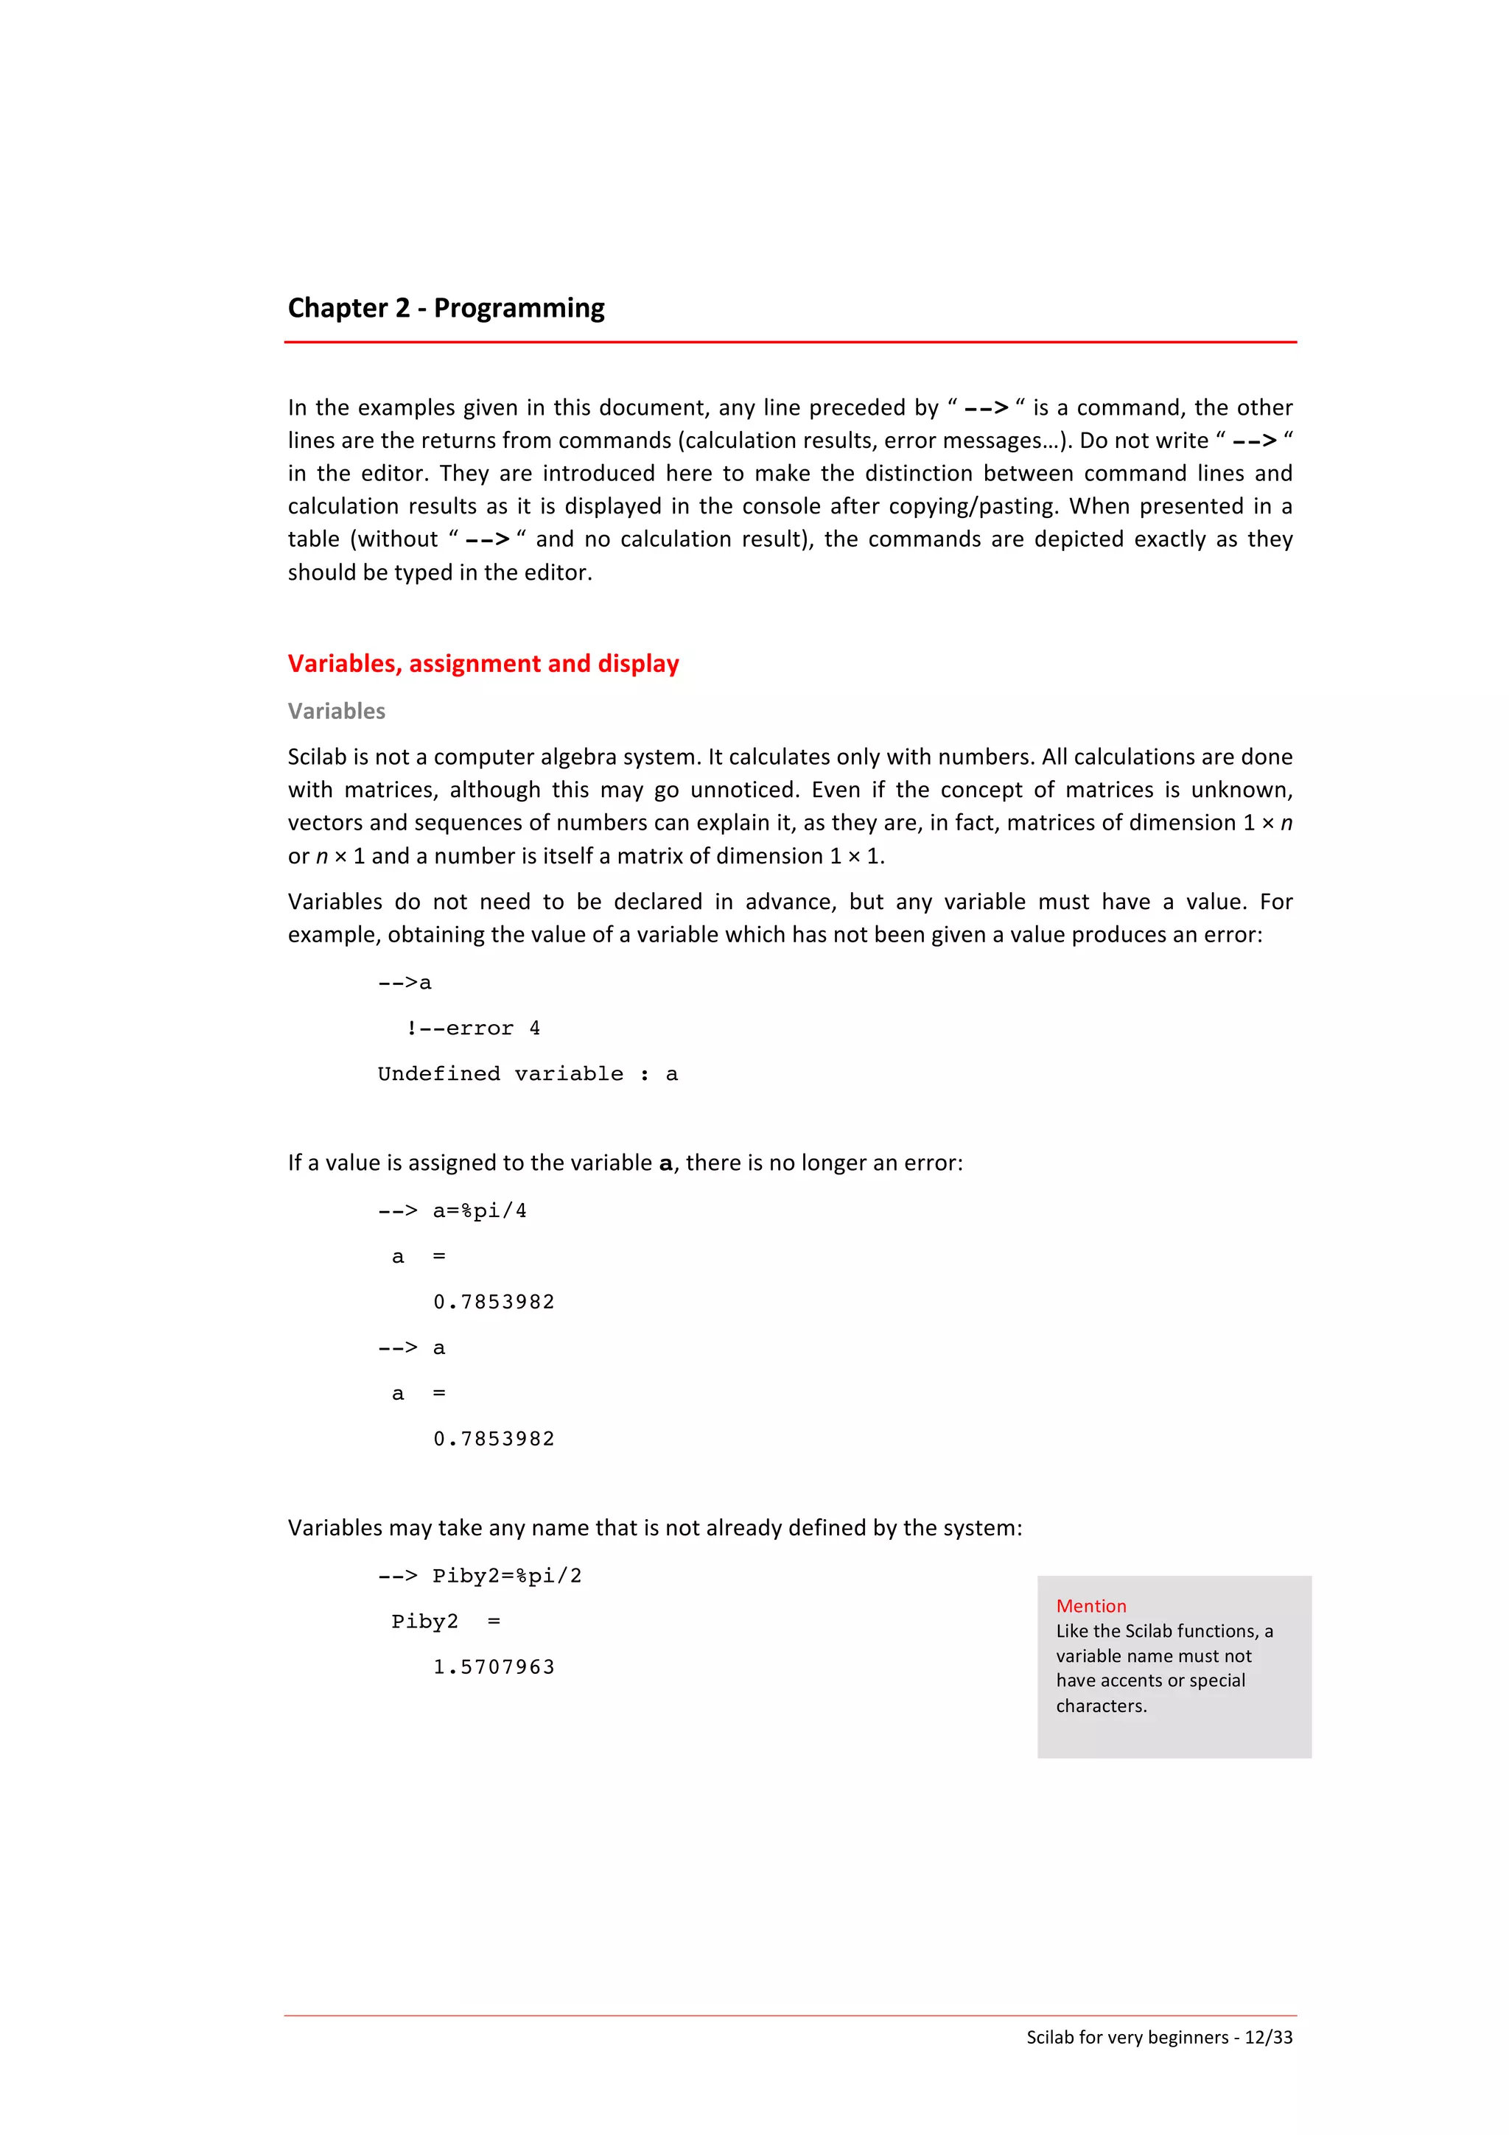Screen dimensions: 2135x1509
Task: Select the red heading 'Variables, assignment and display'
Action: pyautogui.click(x=483, y=664)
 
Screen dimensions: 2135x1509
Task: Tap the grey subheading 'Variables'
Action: pyautogui.click(x=336, y=712)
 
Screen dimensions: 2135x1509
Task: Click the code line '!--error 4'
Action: pyautogui.click(x=472, y=1028)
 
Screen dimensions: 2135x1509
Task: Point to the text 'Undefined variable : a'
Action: pyautogui.click(x=527, y=1074)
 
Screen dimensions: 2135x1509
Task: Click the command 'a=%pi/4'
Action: pyautogui.click(x=479, y=1210)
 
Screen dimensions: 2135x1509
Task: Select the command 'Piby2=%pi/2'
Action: pyautogui.click(x=507, y=1576)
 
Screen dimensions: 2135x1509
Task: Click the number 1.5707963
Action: pyautogui.click(x=494, y=1667)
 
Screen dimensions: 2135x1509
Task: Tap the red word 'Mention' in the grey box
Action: pyautogui.click(x=1090, y=1606)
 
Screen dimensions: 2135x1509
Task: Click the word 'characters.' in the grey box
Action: pyautogui.click(x=1101, y=1705)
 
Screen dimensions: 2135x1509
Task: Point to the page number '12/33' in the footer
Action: pyautogui.click(x=1268, y=2037)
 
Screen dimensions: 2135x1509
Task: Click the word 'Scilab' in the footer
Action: pyautogui.click(x=1050, y=2037)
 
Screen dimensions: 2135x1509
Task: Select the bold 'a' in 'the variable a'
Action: pyautogui.click(x=665, y=1163)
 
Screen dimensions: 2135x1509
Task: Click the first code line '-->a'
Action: pyautogui.click(x=405, y=983)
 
